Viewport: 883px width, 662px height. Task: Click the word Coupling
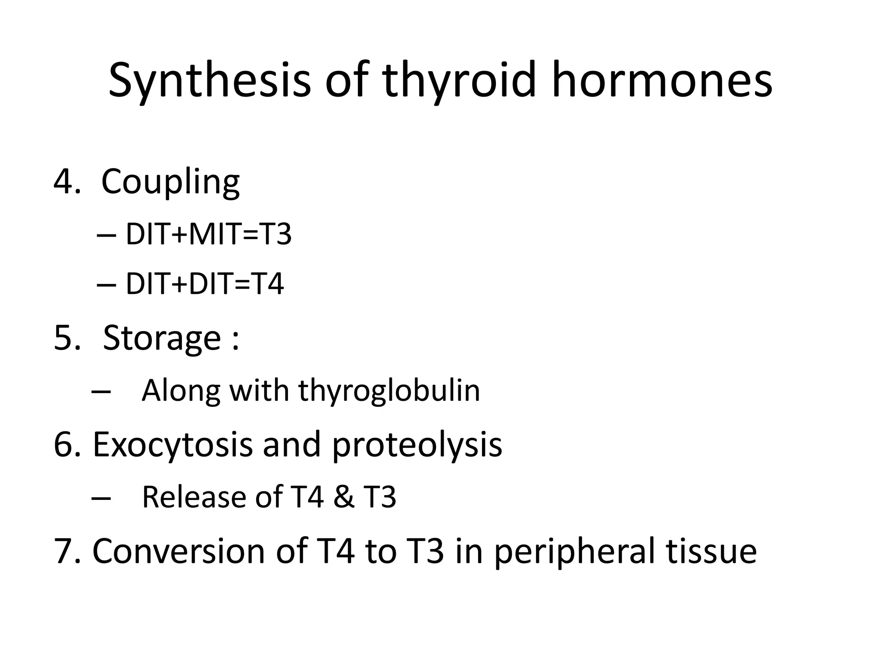point(170,182)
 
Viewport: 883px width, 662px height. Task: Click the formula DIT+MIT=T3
point(209,235)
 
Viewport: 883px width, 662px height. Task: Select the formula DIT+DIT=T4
point(205,284)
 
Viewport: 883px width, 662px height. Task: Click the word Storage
point(162,338)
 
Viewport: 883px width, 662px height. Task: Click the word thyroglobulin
point(389,391)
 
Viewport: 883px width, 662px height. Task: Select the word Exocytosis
point(172,445)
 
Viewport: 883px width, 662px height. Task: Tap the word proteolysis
point(417,445)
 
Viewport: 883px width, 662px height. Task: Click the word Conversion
point(178,552)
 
